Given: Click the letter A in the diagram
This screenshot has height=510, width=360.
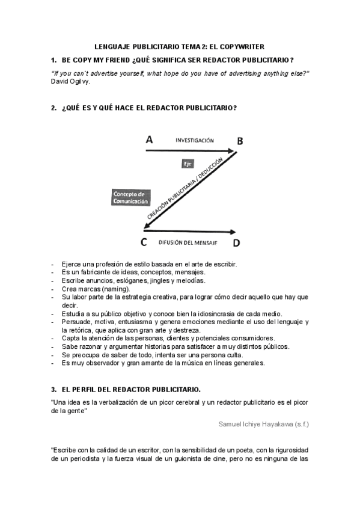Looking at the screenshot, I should coord(149,140).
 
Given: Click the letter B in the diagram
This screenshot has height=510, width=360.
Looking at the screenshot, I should coord(240,141).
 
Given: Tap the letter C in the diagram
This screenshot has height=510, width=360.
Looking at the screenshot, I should coord(144,242).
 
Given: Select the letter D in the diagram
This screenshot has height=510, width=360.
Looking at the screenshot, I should coord(236,243).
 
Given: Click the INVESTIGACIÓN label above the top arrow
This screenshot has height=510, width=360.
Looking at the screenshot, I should coord(194,140).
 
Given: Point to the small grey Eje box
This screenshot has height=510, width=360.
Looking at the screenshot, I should coord(188,164).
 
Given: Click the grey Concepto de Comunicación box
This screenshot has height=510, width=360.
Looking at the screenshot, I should coord(130,198).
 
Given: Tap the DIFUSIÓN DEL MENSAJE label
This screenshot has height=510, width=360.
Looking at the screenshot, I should coord(188,242).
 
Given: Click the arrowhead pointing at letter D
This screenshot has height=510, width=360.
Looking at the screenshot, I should coord(231,232).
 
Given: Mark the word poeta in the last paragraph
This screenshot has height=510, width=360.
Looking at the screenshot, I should coord(227,450).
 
